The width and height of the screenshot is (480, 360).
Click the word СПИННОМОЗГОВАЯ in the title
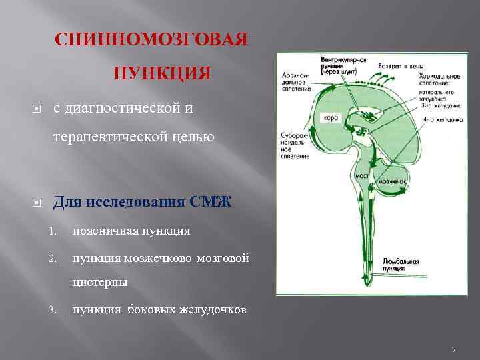click(152, 39)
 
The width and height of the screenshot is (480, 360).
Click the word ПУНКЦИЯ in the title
click(162, 72)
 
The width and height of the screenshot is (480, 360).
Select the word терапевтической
click(112, 137)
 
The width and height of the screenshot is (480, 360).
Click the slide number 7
click(453, 349)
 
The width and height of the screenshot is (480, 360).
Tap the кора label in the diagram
click(331, 117)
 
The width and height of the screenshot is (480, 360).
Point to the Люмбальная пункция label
click(401, 264)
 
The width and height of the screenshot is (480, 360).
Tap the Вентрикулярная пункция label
click(343, 63)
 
